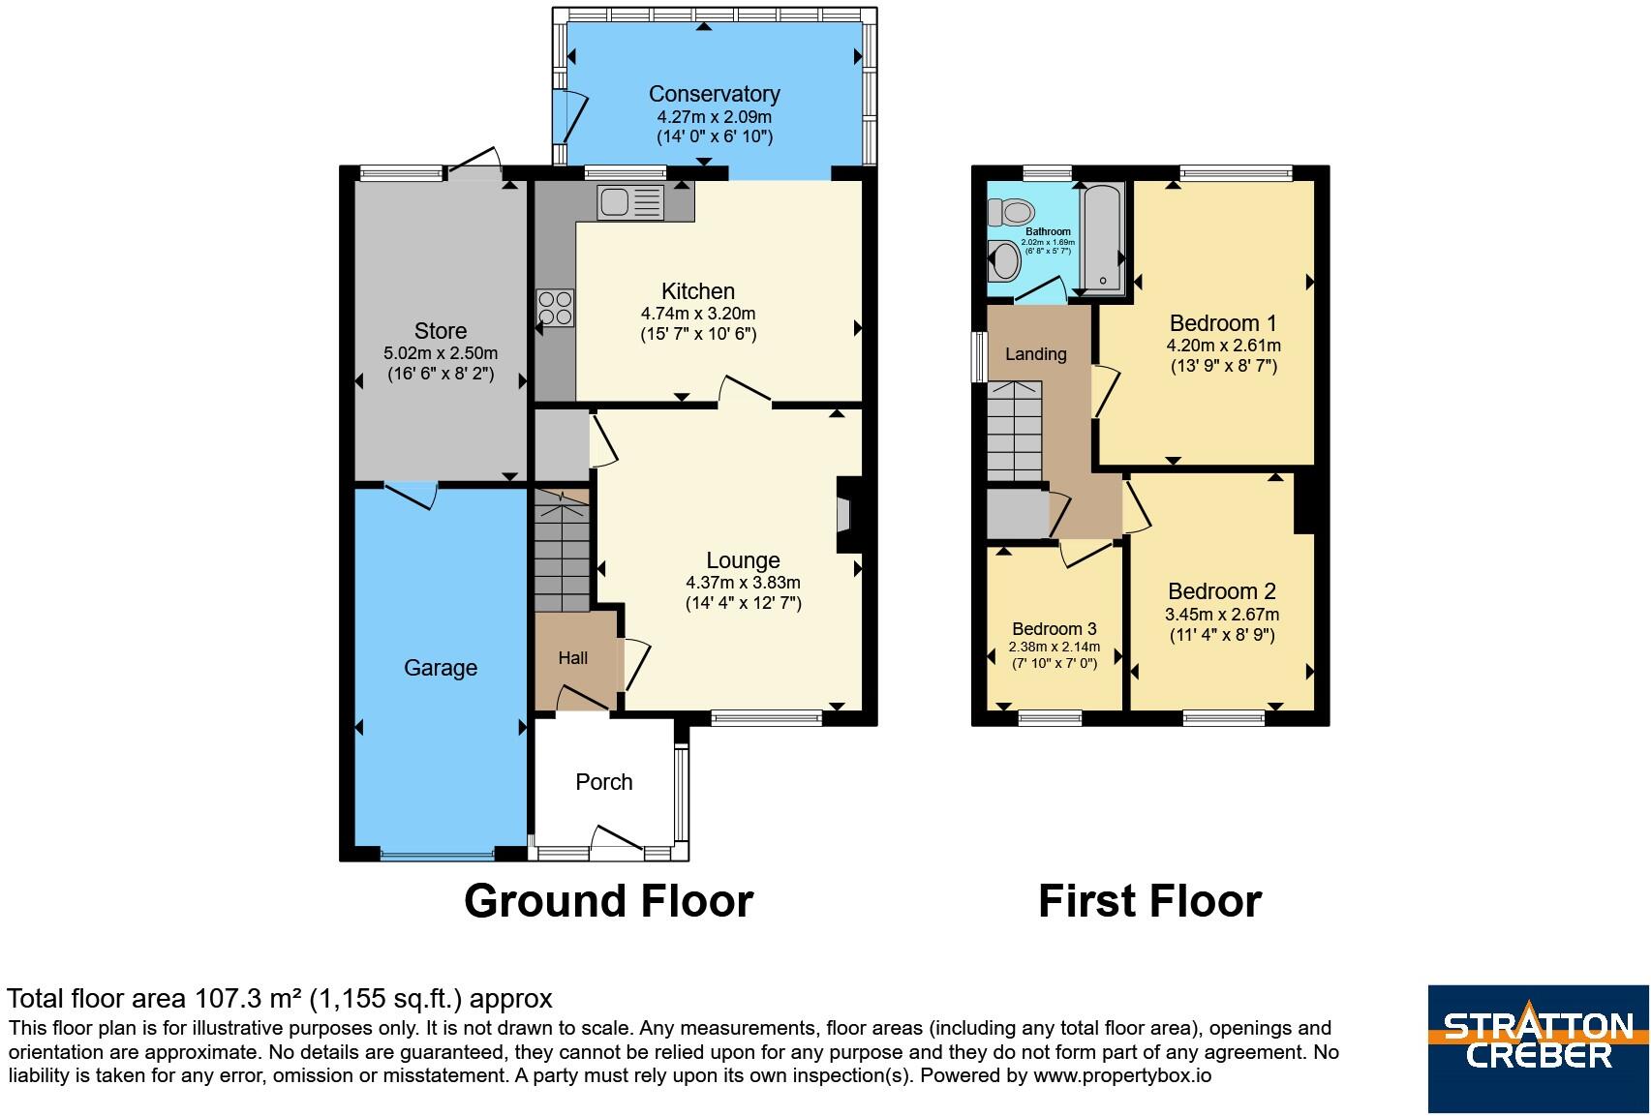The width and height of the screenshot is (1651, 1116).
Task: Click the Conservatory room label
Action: pos(715,94)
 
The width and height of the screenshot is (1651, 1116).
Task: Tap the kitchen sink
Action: pos(631,202)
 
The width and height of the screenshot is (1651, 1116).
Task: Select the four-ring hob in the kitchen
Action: pos(555,308)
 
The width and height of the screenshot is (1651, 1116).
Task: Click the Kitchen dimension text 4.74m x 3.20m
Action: pos(698,314)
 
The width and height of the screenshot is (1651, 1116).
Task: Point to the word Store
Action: pos(440,331)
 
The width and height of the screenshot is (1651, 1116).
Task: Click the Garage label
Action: pos(440,668)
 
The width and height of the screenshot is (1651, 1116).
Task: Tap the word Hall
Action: pos(572,658)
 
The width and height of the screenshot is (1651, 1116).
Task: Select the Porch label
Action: pos(603,781)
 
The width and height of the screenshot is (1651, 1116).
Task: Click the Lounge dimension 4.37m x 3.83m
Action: pos(743,583)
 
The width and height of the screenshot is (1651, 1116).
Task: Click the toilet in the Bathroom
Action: pos(1011,212)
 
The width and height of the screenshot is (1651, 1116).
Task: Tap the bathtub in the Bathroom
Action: pos(1103,239)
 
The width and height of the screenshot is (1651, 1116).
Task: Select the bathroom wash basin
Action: pos(1004,260)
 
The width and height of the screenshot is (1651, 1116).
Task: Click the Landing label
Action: pos(1035,354)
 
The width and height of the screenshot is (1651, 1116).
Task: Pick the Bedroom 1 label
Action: pos(1223,322)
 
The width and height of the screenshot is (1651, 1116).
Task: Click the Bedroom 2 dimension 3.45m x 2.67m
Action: pos(1222,615)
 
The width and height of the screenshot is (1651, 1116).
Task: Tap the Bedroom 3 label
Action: pos(1054,628)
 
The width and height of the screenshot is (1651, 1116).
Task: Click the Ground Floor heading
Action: pos(609,901)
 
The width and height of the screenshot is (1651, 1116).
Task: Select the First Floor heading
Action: pos(1149,901)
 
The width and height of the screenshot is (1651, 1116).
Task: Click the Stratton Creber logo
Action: pos(1539,1048)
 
